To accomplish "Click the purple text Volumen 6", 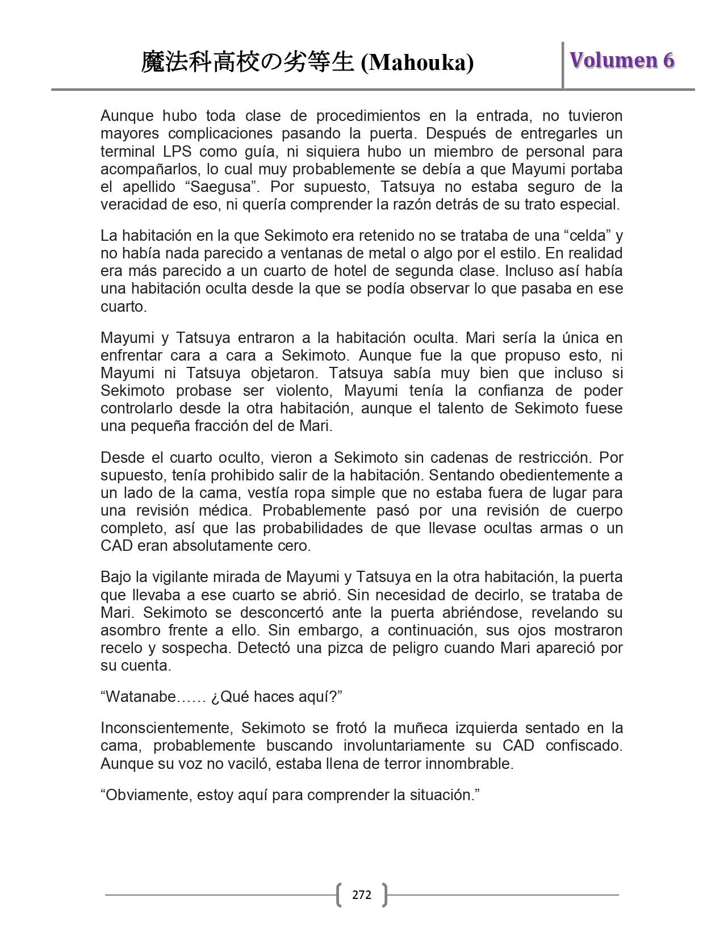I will tap(622, 60).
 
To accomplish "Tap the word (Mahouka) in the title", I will tap(417, 63).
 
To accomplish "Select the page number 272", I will tap(362, 895).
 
